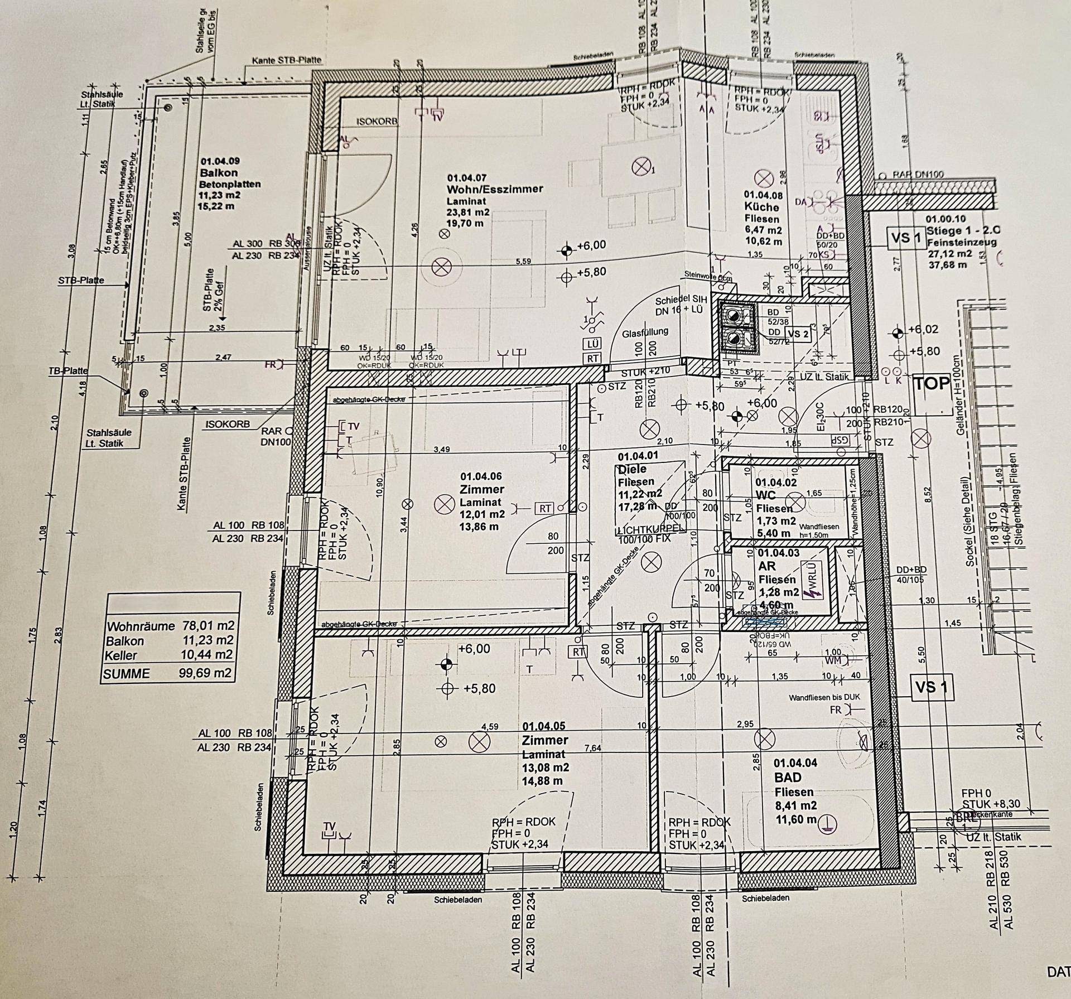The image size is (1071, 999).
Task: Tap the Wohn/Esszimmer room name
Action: tap(494, 189)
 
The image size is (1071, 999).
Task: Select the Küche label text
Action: tap(761, 207)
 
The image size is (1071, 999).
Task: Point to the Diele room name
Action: tap(632, 469)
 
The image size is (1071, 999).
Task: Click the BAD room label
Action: tap(788, 778)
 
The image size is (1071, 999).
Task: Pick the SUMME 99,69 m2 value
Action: tap(205, 673)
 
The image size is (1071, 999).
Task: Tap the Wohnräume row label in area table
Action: tap(141, 626)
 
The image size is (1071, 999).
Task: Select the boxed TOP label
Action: tap(931, 383)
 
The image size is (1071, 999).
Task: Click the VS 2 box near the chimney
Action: tap(797, 334)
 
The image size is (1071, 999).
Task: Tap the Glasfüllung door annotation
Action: tap(645, 331)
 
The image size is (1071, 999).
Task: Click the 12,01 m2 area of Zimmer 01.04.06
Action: tap(483, 514)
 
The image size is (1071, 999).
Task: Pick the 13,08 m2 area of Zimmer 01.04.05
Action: tap(544, 768)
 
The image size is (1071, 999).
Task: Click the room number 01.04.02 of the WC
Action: tap(776, 482)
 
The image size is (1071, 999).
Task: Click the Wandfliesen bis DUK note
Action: tap(824, 697)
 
